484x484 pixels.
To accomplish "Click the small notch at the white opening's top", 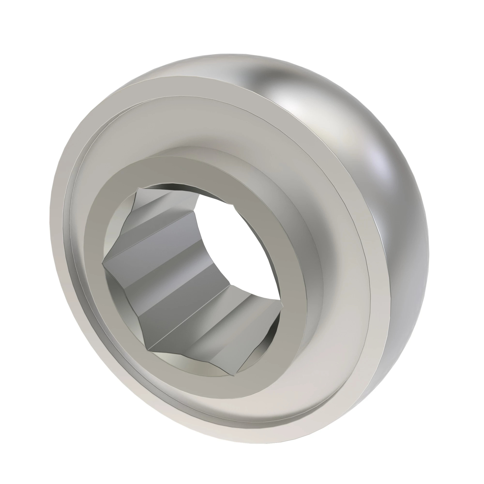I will click(x=233, y=206).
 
